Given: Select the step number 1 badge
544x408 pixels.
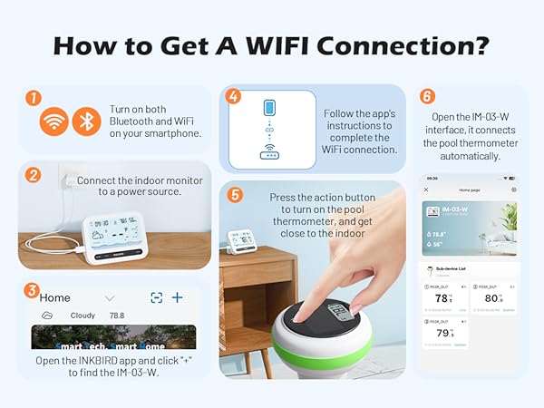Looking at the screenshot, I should [33, 97].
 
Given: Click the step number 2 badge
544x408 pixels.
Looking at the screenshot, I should [33, 174].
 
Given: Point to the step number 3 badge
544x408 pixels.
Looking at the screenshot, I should [33, 292].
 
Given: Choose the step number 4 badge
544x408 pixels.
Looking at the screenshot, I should [233, 97].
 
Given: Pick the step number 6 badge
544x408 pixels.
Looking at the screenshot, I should [427, 97].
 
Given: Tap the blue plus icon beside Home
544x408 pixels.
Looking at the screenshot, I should [178, 297].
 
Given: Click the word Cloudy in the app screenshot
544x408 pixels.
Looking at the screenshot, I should [83, 316].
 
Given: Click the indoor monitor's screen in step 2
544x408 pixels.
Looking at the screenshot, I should [115, 232].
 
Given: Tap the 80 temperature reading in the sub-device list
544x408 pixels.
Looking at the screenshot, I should [492, 298].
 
